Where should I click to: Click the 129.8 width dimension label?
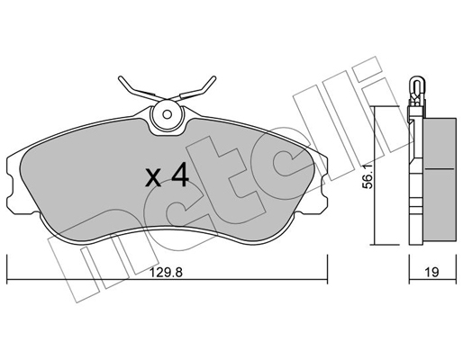point(166,273)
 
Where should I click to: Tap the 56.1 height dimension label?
point(367,176)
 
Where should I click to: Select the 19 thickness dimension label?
point(431,272)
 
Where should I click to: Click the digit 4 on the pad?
point(180,176)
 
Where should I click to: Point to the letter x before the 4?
point(153,179)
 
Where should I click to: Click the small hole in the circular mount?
point(167,114)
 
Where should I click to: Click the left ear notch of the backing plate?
point(11,185)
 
